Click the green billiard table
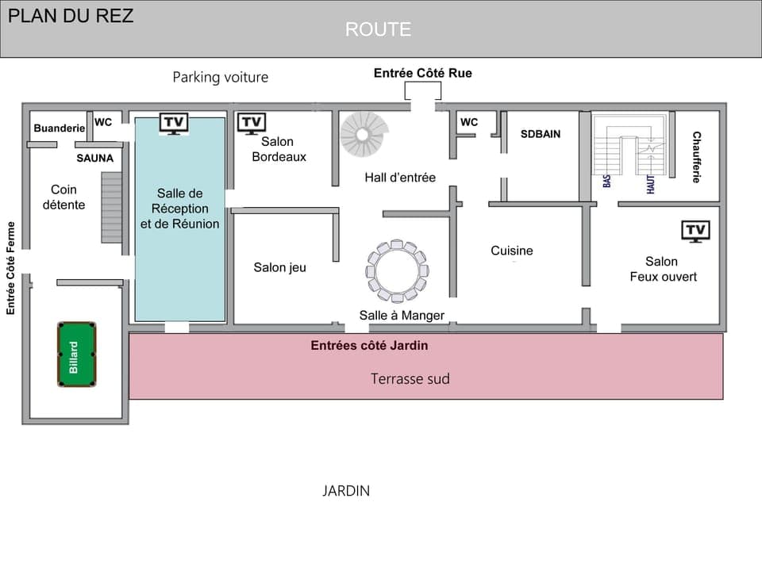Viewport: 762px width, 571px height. pos(76,354)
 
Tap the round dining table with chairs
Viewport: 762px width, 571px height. pos(397,271)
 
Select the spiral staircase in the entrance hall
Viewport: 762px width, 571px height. pos(364,134)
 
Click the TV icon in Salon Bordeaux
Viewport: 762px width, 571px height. pos(252,123)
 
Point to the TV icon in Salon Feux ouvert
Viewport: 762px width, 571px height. pos(695,231)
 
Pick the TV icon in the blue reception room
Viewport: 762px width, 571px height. pos(174,123)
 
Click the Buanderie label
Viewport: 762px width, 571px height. pos(60,128)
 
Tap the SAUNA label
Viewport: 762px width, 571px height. pos(95,158)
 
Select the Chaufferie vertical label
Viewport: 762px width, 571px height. pos(696,157)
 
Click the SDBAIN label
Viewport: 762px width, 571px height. pos(541,134)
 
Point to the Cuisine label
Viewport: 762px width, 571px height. pos(512,251)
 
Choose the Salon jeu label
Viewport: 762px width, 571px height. pos(279,267)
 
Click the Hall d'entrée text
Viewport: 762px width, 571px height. pos(400,178)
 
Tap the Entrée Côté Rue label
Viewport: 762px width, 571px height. pos(423,73)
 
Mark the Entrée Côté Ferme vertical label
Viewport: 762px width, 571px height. pos(11,267)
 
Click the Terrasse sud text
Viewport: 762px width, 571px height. pos(410,379)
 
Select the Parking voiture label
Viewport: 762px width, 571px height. pos(221,77)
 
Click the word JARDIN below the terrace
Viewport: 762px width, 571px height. pos(346,491)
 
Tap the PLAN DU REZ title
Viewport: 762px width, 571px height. pos(71,16)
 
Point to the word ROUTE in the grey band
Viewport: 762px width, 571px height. pos(378,29)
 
